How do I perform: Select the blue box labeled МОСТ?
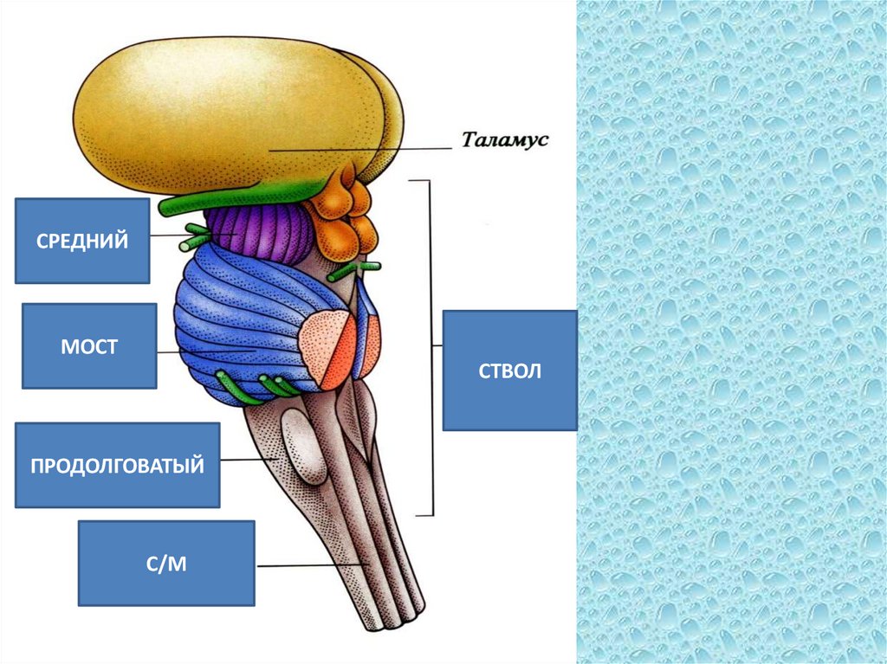point(89,345)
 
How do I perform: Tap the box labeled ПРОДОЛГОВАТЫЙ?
point(117,465)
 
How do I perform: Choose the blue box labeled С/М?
point(166,563)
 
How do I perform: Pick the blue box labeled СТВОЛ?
point(509,371)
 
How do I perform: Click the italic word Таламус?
point(505,140)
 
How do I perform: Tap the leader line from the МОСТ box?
point(170,352)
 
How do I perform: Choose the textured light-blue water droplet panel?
point(732,332)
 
